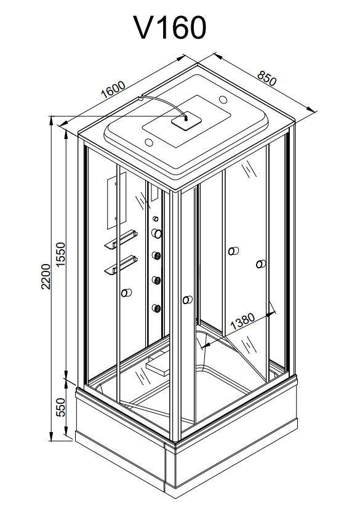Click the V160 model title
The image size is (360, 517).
point(170,28)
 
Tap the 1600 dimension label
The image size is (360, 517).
point(113,89)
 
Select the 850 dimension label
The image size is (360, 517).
point(266,78)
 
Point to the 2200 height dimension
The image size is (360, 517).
point(46,276)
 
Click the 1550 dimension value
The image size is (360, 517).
point(61,255)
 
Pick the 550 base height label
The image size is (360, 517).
point(61,407)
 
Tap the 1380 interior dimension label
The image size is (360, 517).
point(242,321)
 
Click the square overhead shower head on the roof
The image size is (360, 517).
point(186,121)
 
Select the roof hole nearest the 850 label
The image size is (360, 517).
point(223,99)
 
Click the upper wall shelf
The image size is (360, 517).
point(121,239)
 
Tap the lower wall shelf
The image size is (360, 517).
point(121,265)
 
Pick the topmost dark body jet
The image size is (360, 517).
point(156,255)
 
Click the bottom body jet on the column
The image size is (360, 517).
point(156,308)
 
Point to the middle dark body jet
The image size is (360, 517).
point(156,280)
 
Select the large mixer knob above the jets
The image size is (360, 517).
point(156,233)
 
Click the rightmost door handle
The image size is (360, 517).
point(261,264)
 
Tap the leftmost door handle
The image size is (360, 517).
point(126,292)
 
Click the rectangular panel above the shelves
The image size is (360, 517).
point(116,201)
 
